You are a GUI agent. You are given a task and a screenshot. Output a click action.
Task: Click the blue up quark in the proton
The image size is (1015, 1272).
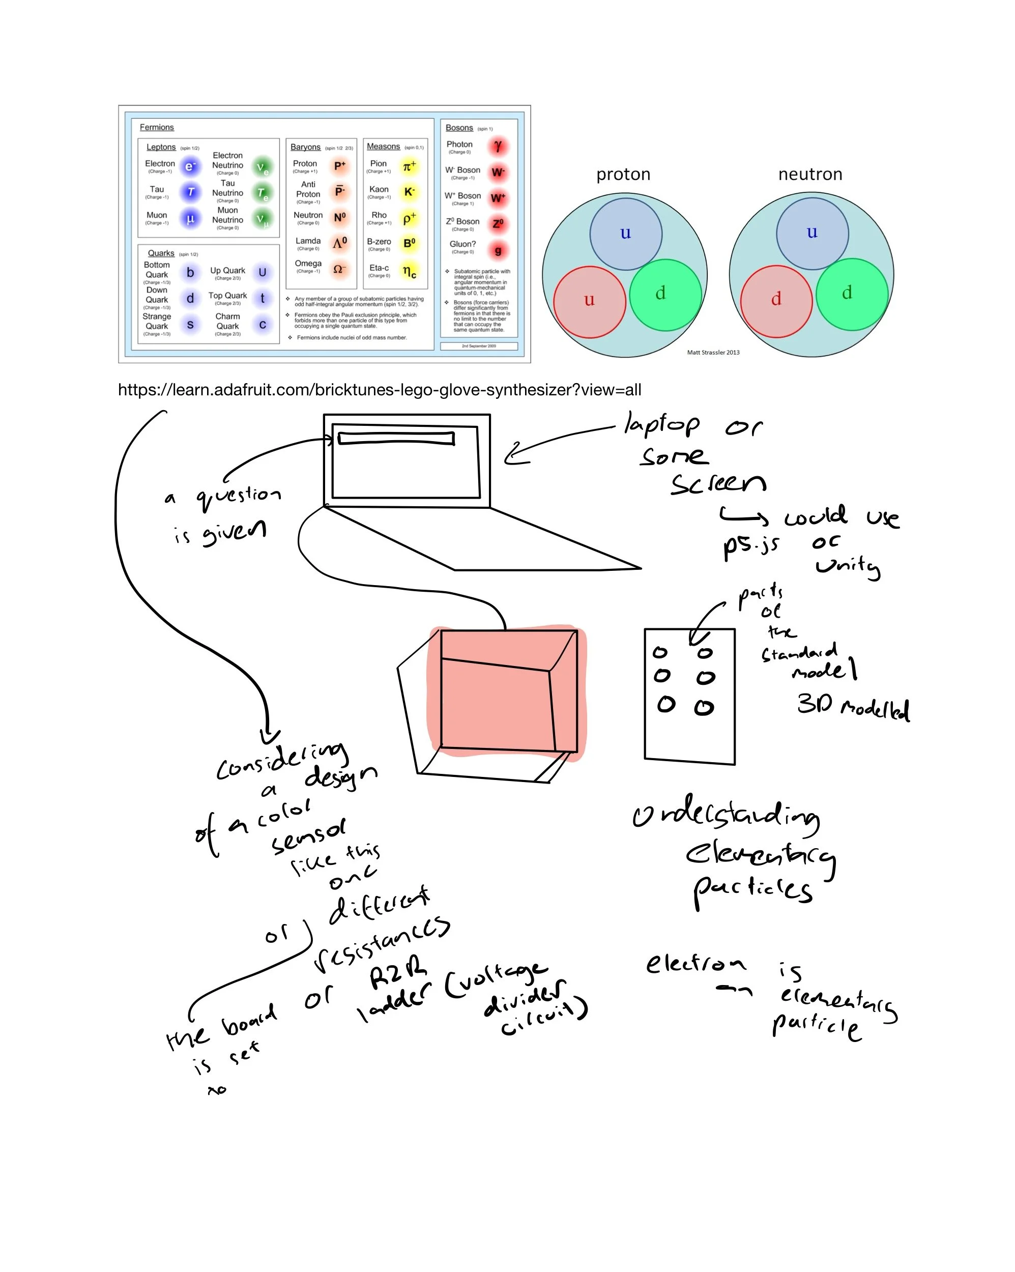click(625, 234)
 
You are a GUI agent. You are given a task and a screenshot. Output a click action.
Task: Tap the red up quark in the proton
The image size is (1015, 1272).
click(589, 301)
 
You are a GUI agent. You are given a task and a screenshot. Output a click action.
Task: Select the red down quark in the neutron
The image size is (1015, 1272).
click(776, 300)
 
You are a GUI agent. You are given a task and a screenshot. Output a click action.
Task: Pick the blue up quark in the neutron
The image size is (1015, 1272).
click(812, 233)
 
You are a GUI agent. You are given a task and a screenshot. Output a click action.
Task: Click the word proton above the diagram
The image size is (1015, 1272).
click(623, 174)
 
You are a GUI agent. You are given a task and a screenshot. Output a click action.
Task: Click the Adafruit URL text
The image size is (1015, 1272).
click(380, 389)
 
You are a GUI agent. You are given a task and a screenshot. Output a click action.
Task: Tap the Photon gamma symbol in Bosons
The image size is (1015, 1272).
click(498, 146)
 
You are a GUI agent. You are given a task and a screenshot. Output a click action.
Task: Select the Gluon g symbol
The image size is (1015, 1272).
click(498, 250)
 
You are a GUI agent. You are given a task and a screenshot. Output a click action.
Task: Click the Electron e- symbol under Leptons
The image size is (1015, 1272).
click(189, 166)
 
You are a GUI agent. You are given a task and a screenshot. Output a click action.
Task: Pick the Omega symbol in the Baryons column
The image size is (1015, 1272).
click(339, 269)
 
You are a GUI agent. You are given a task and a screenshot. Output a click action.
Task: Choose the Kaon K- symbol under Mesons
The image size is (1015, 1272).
click(409, 192)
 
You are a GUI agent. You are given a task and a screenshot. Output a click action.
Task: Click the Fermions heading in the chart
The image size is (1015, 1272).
click(156, 127)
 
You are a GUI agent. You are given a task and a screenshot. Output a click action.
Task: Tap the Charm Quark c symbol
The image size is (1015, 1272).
click(262, 325)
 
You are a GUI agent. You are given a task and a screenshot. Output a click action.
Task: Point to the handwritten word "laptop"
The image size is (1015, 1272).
click(661, 425)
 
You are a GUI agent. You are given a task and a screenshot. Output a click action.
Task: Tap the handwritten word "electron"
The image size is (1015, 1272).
click(695, 964)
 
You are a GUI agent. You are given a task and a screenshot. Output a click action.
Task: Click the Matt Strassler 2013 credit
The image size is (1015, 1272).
click(713, 352)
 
